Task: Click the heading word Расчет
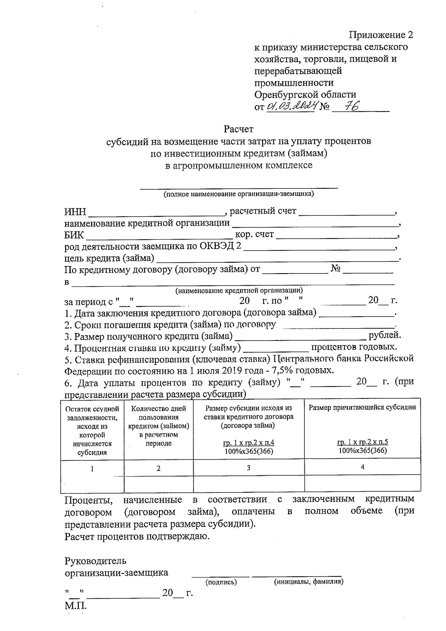click(238, 129)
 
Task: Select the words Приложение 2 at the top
click(381, 35)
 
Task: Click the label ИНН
click(75, 212)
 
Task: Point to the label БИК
click(74, 236)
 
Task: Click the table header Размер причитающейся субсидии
click(362, 407)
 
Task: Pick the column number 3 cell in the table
click(248, 468)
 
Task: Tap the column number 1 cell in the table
click(92, 469)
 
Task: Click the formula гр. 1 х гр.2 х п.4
click(249, 443)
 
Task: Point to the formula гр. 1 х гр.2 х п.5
click(362, 442)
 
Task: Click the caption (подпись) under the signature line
click(221, 582)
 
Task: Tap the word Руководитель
click(96, 560)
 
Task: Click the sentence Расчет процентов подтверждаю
click(137, 537)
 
